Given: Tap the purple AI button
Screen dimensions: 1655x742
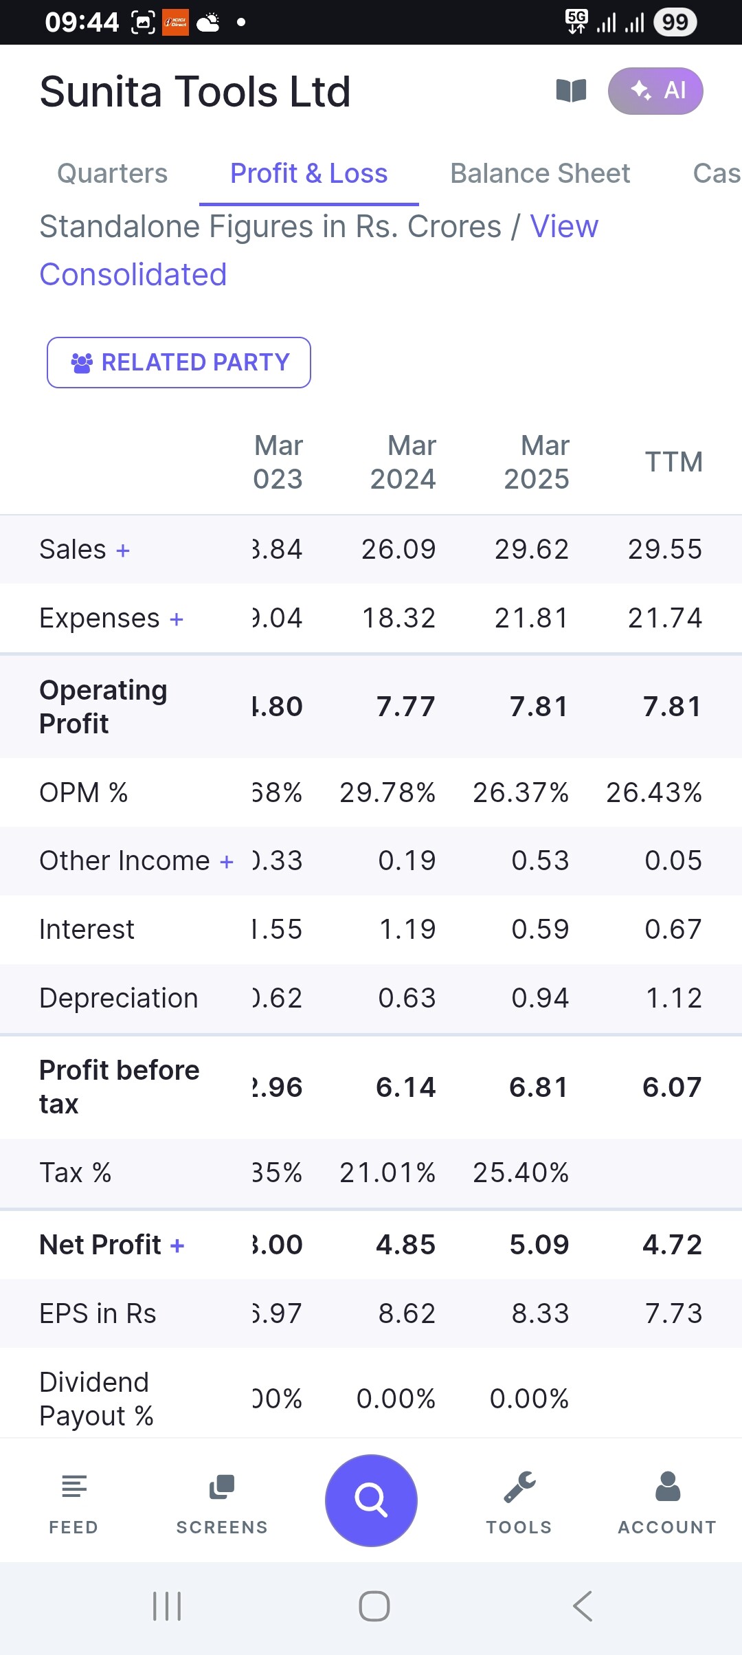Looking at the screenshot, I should [655, 91].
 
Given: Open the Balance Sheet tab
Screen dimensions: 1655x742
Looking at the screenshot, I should [540, 173].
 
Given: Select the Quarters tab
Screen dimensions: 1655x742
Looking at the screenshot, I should [112, 173].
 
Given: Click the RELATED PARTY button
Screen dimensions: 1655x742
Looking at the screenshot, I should [179, 362].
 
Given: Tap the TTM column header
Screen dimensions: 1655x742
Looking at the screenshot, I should [673, 462].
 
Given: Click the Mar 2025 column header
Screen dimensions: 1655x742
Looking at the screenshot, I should [537, 462].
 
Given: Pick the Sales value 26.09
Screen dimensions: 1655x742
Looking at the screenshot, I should [398, 549].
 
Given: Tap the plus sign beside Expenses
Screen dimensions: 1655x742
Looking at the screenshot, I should [177, 619].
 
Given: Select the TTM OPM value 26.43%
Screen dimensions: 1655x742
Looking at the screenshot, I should [653, 792].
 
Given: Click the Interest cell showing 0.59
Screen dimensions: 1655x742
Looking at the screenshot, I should [540, 929].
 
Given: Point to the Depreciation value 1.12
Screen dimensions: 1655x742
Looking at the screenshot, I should [673, 998].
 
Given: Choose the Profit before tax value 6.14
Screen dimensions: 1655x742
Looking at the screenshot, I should [405, 1087].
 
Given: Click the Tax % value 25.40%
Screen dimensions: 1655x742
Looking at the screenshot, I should [521, 1173].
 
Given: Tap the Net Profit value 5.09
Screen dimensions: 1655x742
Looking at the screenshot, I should [539, 1245].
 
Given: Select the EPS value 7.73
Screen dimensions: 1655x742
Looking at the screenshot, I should [673, 1313].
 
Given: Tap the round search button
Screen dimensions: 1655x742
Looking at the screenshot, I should [371, 1500].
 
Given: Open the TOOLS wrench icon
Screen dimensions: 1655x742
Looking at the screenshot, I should [519, 1487].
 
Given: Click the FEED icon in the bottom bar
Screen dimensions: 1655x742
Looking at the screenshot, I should [74, 1487].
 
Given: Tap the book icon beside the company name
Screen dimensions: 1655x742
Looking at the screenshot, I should [571, 91].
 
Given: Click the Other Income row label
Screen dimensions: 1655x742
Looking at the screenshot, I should [124, 860].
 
